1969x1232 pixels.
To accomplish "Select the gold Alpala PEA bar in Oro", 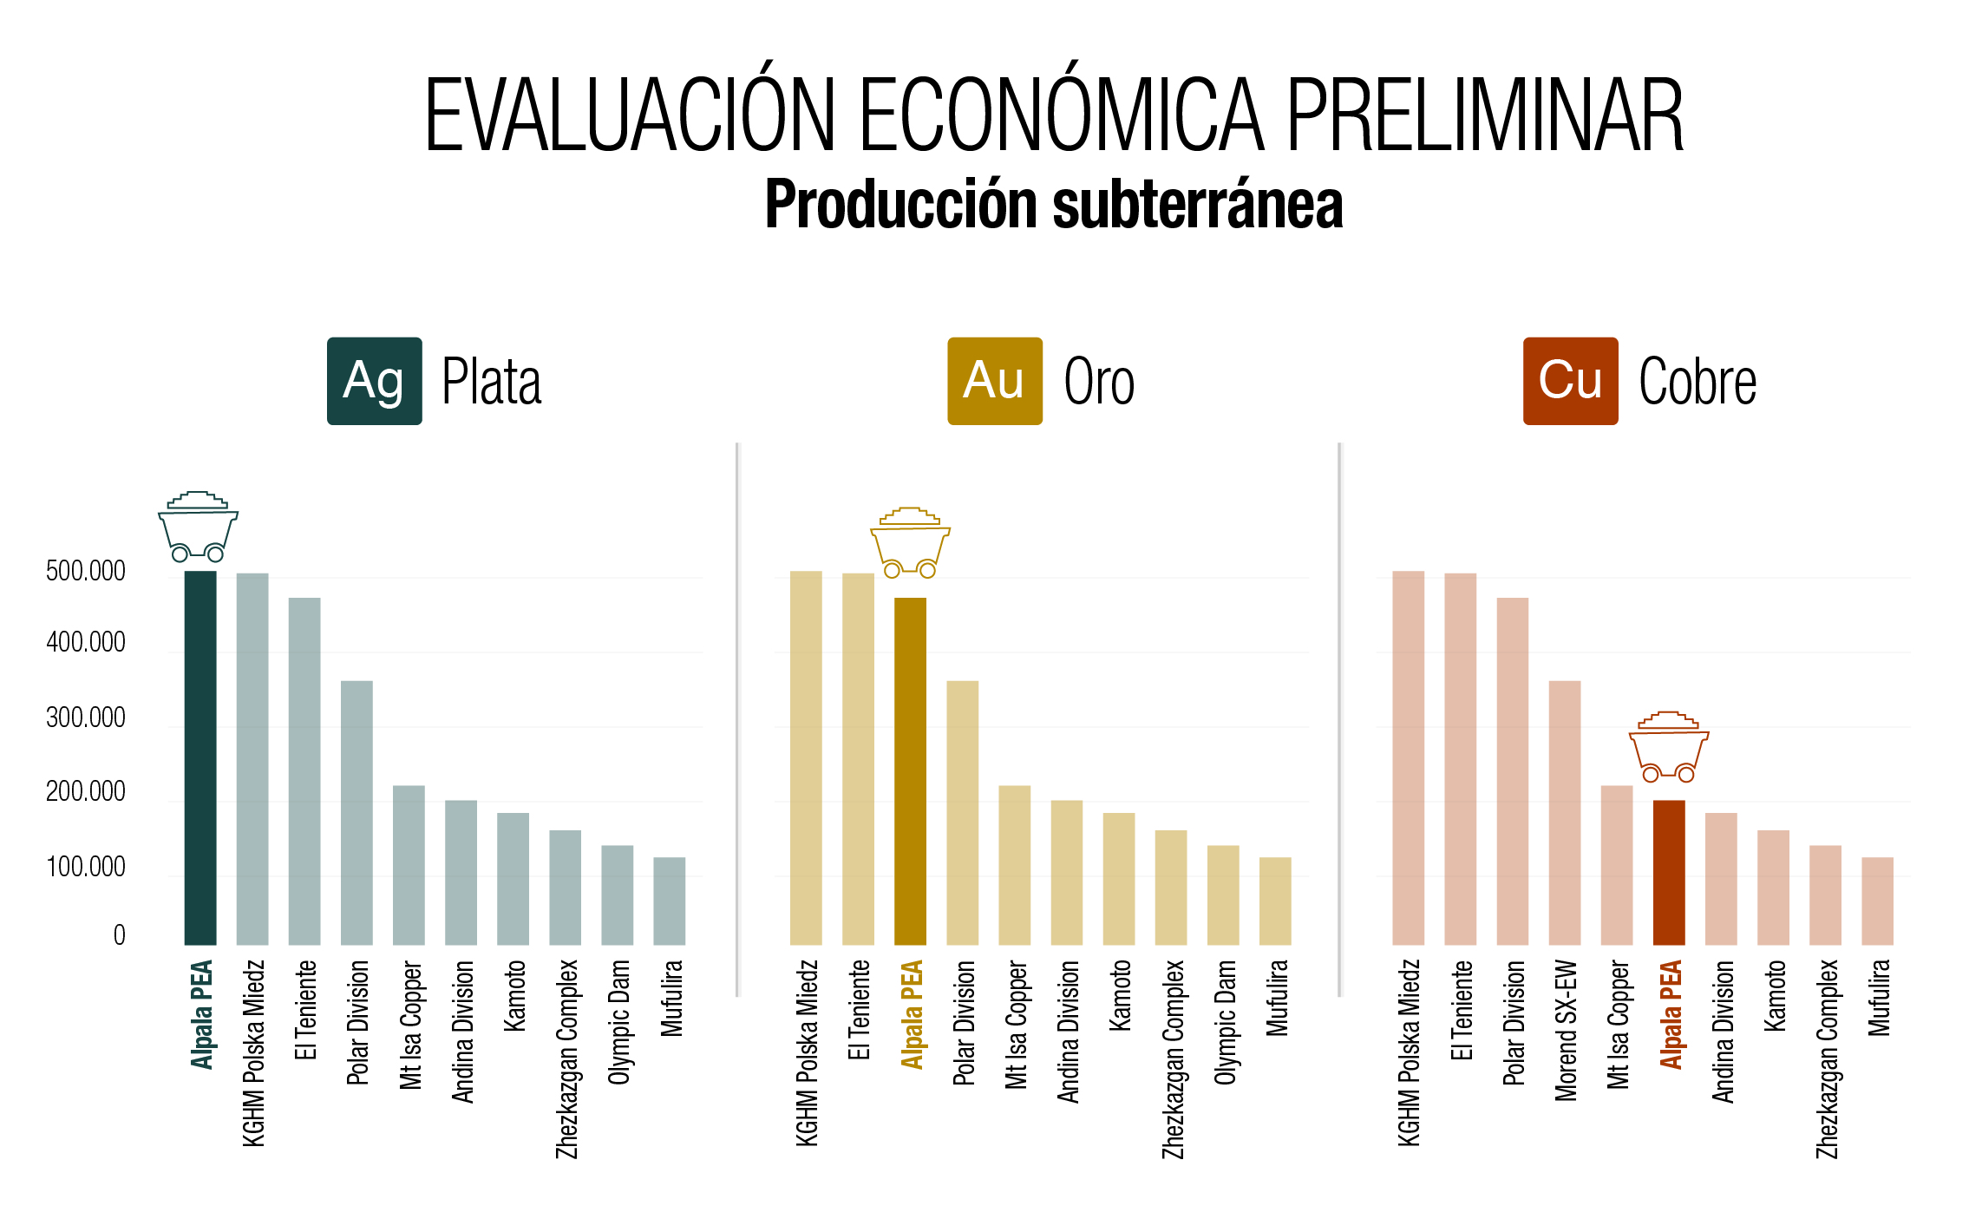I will click(910, 771).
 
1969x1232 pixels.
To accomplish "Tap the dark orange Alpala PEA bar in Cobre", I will click(1669, 872).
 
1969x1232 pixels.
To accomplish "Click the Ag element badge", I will click(375, 381).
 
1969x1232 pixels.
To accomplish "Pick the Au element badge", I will click(995, 381).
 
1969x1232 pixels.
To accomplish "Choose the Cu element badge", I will click(1570, 381).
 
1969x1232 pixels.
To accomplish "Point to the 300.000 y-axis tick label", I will click(86, 718).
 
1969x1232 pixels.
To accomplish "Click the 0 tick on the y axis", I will click(120, 934).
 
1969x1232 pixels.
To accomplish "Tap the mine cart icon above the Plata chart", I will click(198, 527).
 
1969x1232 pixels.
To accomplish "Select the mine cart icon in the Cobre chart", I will click(1669, 746).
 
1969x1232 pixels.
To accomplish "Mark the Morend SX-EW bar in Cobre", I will click(1565, 813).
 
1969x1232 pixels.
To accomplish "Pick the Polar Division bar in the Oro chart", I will click(963, 813).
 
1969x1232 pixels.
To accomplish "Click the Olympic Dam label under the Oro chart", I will click(1225, 1022).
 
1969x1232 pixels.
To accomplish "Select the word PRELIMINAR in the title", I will click(1484, 115).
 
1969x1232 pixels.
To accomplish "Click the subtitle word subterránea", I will click(1198, 205).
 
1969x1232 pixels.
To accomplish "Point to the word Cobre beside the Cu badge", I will click(1698, 382).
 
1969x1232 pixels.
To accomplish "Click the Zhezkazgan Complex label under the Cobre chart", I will click(1827, 1058).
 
